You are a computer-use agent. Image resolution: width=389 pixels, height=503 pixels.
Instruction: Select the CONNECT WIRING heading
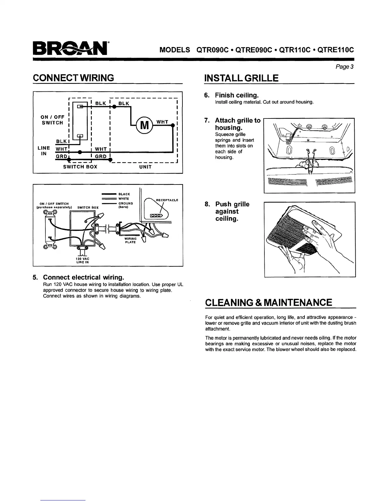(73, 77)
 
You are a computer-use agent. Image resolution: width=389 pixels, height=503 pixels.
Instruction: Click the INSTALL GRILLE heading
(241, 77)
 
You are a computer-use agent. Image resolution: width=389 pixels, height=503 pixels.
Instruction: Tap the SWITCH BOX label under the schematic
(80, 167)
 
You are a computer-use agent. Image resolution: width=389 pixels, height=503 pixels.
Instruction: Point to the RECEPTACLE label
(167, 200)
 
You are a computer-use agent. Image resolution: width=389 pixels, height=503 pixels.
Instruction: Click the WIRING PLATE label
(130, 240)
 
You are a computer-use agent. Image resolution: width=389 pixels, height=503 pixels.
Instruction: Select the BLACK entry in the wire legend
(124, 194)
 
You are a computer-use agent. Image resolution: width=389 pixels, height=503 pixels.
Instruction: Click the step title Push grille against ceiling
(232, 211)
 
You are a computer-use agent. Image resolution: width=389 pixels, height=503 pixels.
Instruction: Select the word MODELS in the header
(174, 50)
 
